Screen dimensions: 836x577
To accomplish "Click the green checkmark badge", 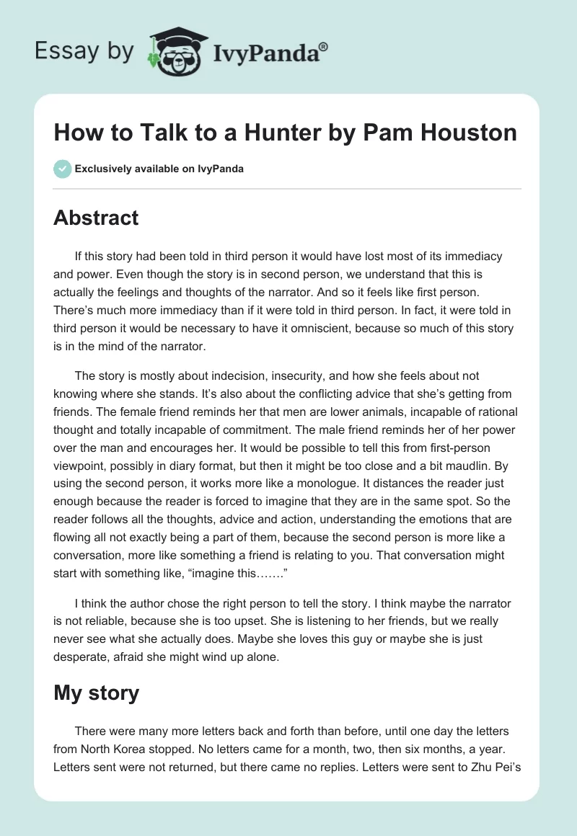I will point(62,169).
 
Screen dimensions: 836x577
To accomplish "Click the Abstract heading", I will point(96,218).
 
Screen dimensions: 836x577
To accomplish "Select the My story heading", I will point(96,693).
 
